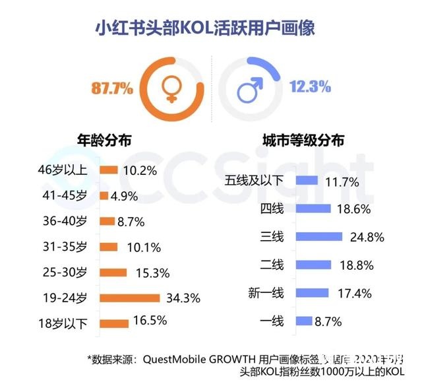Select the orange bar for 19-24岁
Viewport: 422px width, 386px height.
[x=130, y=298]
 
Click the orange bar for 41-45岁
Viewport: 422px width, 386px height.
[x=104, y=196]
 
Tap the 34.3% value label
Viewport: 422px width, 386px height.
[x=183, y=298]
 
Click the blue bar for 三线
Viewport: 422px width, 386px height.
[x=319, y=236]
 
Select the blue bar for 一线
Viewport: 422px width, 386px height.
[x=304, y=321]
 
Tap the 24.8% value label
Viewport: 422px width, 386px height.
[x=366, y=236]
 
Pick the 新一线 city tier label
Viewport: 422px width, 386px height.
[x=266, y=293]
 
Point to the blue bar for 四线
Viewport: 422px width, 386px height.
[x=313, y=208]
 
